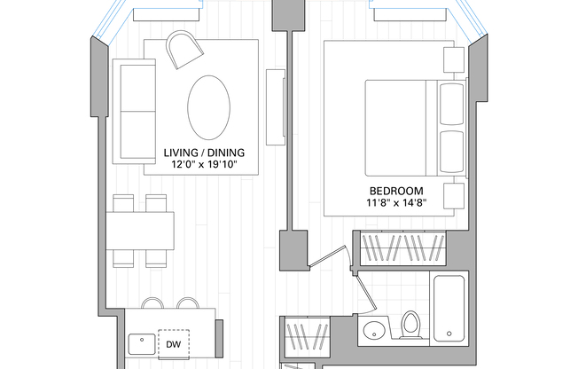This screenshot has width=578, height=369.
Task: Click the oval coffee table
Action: click(x=208, y=106)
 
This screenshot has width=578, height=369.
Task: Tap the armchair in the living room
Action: click(x=184, y=50)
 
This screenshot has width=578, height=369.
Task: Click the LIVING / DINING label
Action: click(x=205, y=152)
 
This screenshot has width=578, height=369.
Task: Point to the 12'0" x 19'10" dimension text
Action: click(x=205, y=164)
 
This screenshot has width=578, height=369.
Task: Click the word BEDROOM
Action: click(x=396, y=191)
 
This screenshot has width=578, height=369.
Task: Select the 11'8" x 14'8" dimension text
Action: click(x=396, y=203)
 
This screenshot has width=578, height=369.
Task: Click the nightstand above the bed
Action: click(x=454, y=59)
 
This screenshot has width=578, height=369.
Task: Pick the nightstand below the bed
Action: click(x=454, y=197)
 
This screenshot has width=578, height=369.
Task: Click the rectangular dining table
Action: click(x=140, y=229)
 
